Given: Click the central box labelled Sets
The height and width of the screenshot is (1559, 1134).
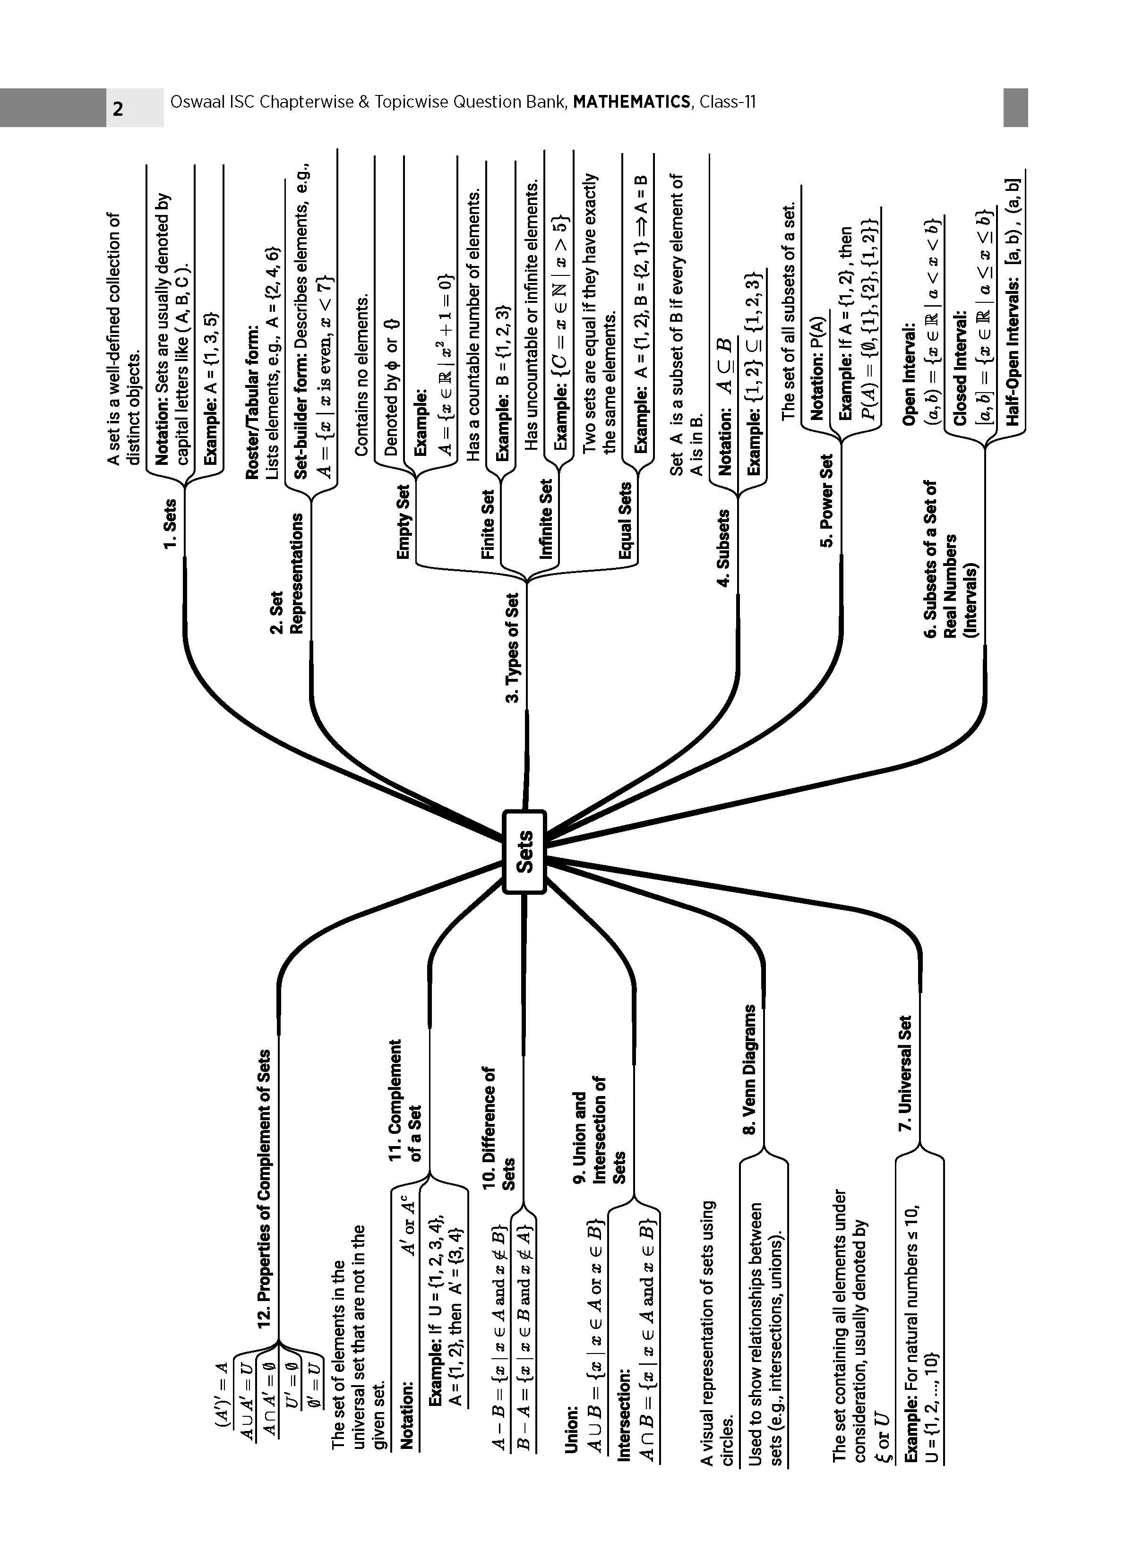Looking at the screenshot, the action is [x=524, y=852].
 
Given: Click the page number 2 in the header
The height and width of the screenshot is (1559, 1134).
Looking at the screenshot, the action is [x=118, y=109].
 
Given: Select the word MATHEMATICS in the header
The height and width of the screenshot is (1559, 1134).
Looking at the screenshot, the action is [x=631, y=103].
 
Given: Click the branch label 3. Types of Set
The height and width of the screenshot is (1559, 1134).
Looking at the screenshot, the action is [x=513, y=648].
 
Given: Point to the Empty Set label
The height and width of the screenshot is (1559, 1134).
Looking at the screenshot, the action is [x=404, y=522].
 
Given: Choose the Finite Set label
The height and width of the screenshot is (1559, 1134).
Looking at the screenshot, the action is [x=488, y=524].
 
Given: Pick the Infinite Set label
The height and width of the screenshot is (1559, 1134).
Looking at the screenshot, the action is [x=547, y=520].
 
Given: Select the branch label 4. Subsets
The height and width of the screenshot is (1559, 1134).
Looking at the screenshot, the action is [x=723, y=548].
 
